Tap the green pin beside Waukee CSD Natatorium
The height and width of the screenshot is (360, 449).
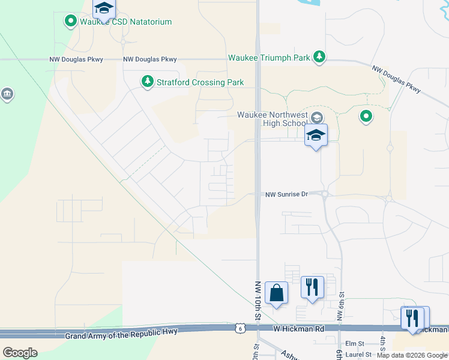tap(71, 22)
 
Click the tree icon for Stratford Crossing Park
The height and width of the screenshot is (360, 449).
tap(146, 82)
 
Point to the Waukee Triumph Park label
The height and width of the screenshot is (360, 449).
tap(269, 58)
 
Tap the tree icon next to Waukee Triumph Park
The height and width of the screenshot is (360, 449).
tap(320, 57)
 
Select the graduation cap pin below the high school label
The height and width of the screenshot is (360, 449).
tap(316, 135)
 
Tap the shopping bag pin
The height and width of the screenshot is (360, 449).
tap(276, 293)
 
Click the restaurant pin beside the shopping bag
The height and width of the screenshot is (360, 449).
tap(312, 287)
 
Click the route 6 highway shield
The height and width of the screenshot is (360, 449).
tap(240, 328)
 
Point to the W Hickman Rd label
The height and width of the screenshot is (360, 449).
tap(300, 329)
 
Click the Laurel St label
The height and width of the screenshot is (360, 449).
tap(359, 355)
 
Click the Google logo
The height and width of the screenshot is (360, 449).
tap(20, 352)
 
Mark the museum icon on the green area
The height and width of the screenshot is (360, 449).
tap(7, 94)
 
